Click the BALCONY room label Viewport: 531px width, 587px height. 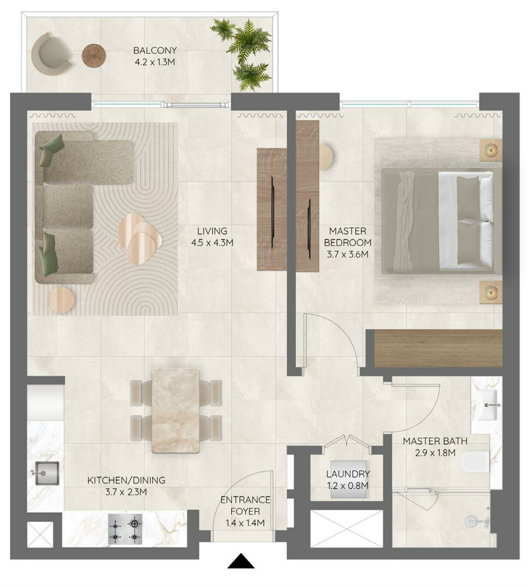pyautogui.click(x=155, y=50)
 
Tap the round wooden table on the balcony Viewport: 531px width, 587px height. pyautogui.click(x=93, y=56)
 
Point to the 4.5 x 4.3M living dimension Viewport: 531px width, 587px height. pyautogui.click(x=212, y=243)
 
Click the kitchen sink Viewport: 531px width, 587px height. pyautogui.click(x=47, y=473)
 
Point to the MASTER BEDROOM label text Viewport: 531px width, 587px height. pyautogui.click(x=348, y=237)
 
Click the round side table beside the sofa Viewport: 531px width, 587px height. pyautogui.click(x=60, y=300)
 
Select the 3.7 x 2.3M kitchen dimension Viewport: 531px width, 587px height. pyautogui.click(x=126, y=492)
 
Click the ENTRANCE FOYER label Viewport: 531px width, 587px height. pyautogui.click(x=245, y=506)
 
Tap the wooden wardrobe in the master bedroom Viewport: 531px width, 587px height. pyautogui.click(x=438, y=348)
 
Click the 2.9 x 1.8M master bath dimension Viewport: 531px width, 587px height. pyautogui.click(x=435, y=453)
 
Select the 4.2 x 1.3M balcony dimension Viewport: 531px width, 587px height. pyautogui.click(x=155, y=62)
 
